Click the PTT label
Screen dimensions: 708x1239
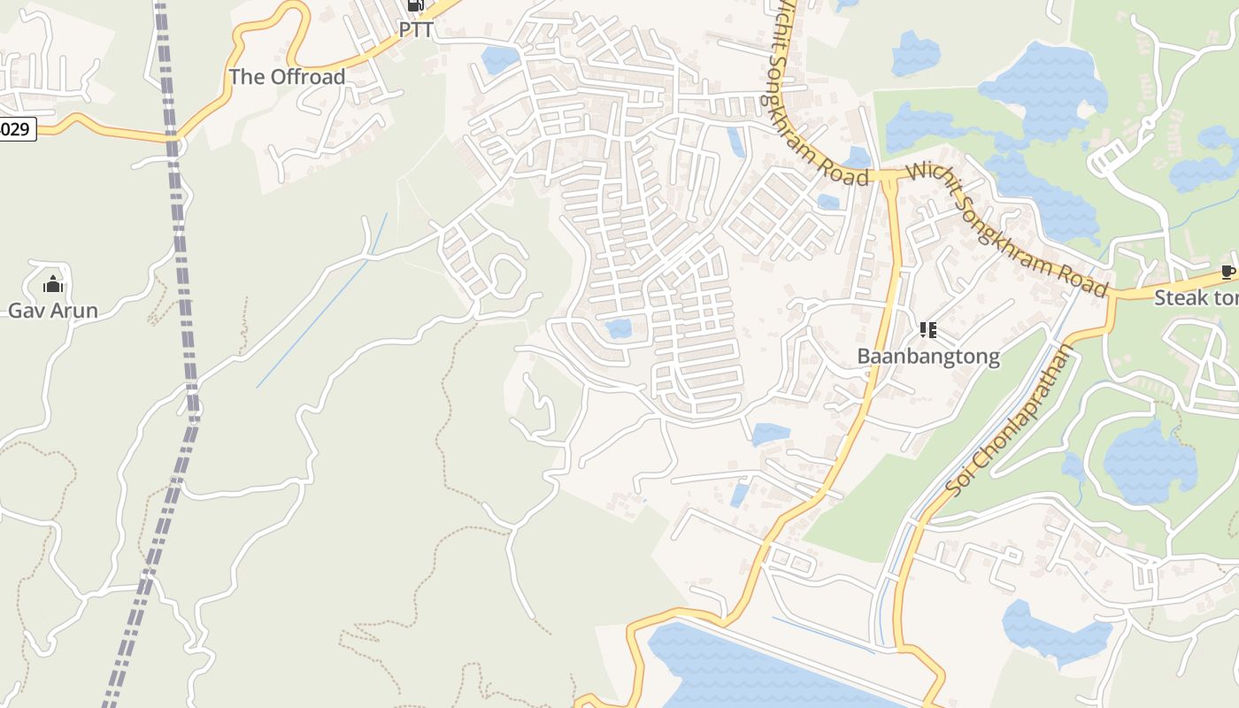click(x=416, y=29)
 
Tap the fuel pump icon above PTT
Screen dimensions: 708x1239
click(x=415, y=5)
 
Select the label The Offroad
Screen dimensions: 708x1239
click(x=287, y=77)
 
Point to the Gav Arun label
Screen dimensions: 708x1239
click(x=53, y=311)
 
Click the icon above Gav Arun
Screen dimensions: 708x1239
click(x=53, y=284)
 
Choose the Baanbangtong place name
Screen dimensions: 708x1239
click(x=928, y=357)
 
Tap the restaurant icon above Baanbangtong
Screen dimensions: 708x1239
click(x=927, y=330)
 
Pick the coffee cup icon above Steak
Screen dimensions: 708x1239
click(x=1227, y=271)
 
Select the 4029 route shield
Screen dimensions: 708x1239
click(x=15, y=129)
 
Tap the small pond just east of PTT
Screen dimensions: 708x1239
click(x=500, y=60)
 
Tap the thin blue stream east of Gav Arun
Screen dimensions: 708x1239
click(x=323, y=301)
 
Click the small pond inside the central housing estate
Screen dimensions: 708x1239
click(x=619, y=329)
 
